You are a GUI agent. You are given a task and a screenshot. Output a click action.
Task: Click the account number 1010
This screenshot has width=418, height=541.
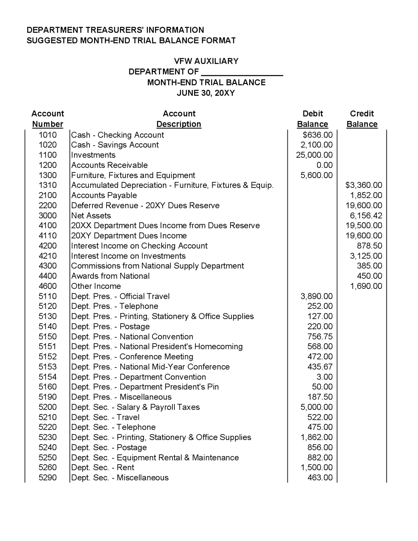click(48, 135)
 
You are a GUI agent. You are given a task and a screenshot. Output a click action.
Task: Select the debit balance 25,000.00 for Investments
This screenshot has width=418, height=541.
click(314, 155)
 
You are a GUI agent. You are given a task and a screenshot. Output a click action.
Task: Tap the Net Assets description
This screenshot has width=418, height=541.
click(91, 216)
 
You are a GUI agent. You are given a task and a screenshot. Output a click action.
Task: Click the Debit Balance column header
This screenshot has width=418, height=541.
click(313, 119)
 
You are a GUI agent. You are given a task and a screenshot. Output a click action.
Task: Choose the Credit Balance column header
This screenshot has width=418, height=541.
click(362, 119)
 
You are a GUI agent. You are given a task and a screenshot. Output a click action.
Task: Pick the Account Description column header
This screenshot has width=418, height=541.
click(179, 119)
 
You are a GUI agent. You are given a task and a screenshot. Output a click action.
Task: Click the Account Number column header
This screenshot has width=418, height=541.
click(48, 119)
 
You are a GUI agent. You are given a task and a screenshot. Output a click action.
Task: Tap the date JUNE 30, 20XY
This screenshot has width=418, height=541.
click(206, 93)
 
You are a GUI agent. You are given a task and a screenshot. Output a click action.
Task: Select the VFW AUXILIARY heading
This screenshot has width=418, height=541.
click(206, 61)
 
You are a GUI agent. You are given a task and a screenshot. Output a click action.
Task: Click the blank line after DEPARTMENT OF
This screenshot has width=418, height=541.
click(242, 73)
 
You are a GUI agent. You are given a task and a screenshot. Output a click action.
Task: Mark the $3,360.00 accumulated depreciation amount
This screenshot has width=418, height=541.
click(363, 185)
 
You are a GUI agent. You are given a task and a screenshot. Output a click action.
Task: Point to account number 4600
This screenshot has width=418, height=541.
click(48, 286)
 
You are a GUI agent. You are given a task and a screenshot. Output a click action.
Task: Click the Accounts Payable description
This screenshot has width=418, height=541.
click(104, 195)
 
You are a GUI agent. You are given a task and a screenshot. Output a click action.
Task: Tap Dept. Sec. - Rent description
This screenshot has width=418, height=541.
click(103, 467)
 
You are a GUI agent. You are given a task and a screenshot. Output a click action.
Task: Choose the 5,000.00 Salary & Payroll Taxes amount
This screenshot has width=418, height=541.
click(316, 407)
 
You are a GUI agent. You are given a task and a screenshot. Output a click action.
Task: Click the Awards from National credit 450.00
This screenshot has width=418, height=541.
click(369, 276)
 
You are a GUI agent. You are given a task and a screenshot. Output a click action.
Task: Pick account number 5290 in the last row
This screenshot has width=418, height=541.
click(48, 478)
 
